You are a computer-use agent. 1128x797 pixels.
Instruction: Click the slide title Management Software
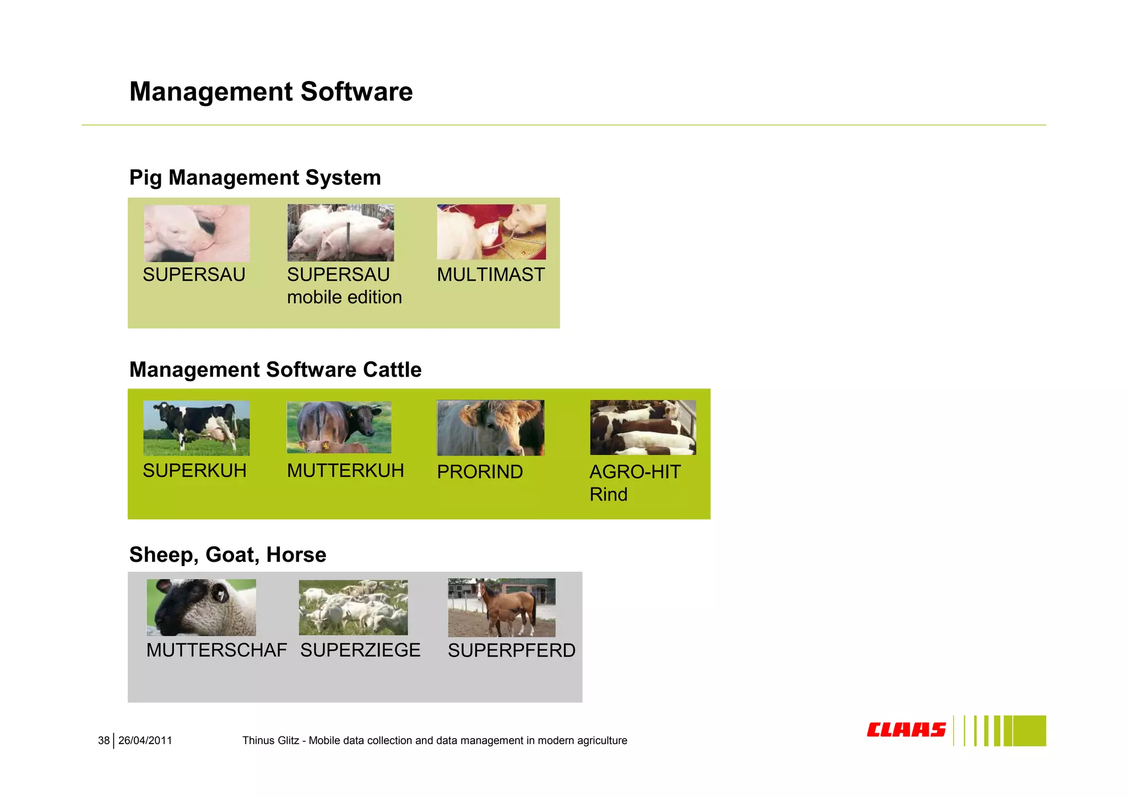[x=270, y=91]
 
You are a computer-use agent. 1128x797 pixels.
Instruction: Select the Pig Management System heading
[x=254, y=177]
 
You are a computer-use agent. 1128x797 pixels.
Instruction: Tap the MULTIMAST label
[x=490, y=274]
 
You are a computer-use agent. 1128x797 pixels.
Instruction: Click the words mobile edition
[x=344, y=297]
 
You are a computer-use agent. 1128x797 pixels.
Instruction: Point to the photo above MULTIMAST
[x=491, y=232]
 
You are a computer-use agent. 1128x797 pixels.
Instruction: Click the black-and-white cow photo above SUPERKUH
[x=196, y=428]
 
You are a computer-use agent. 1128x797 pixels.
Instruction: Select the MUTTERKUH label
[x=345, y=470]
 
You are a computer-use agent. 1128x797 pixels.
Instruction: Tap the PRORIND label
[x=479, y=471]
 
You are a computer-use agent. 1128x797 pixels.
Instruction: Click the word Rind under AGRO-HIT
[x=608, y=495]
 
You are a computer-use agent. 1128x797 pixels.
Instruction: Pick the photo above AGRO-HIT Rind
[x=643, y=427]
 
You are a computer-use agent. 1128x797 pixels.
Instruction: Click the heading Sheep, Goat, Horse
[x=227, y=555]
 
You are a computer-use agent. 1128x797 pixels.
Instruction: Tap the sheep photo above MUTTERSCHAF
[x=201, y=607]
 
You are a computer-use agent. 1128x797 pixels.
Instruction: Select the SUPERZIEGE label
[x=360, y=650]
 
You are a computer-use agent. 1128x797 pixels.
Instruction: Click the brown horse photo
[x=501, y=607]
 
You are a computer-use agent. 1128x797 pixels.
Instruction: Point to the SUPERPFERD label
[x=511, y=650]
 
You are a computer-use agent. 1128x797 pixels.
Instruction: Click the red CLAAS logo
[x=906, y=730]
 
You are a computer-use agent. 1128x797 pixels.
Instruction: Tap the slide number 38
[x=104, y=741]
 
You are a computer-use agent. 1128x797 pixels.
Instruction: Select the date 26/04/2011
[x=145, y=741]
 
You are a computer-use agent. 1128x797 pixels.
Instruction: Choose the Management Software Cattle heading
[x=275, y=370]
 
